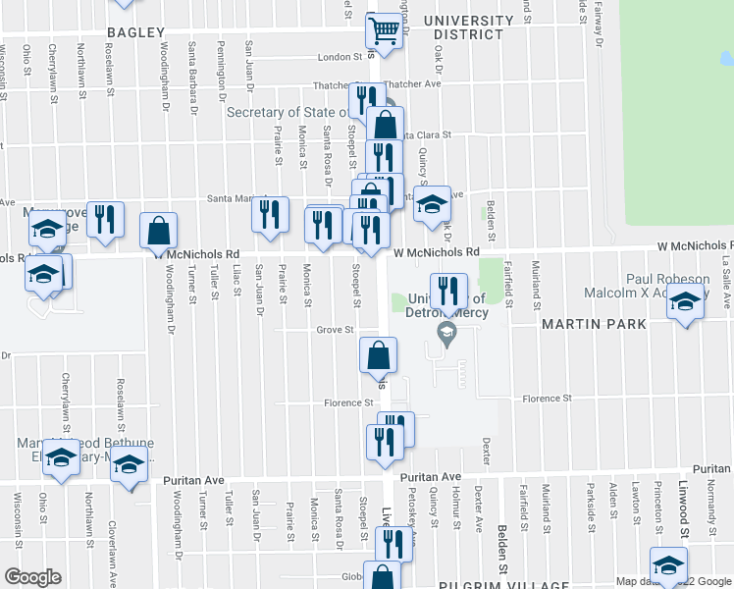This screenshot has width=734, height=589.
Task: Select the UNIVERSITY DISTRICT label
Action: (469, 27)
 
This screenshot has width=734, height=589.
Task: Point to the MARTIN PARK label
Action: (593, 323)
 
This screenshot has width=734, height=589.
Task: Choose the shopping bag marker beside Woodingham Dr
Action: (159, 231)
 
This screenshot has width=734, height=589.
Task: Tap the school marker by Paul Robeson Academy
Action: (685, 301)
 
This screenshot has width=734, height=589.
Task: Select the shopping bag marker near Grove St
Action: (378, 355)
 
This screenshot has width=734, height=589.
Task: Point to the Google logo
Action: (32, 576)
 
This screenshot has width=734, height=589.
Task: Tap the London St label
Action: (341, 57)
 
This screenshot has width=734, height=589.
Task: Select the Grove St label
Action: (335, 330)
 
